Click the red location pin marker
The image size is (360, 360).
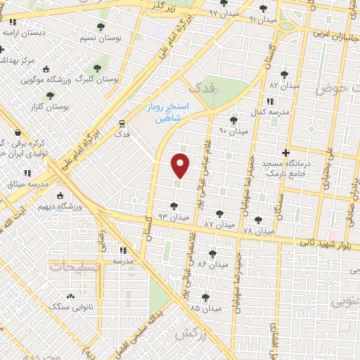pos(181,165)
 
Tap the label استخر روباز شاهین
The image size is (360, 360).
pos(167,112)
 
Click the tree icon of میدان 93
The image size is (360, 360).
pos(174,206)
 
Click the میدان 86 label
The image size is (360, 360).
pos(214,264)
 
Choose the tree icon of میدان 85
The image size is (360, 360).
pos(205,297)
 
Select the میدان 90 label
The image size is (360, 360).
pos(234,131)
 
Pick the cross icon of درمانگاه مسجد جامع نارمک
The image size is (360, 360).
pos(285,152)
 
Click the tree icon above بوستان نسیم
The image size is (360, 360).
pos(101,27)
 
